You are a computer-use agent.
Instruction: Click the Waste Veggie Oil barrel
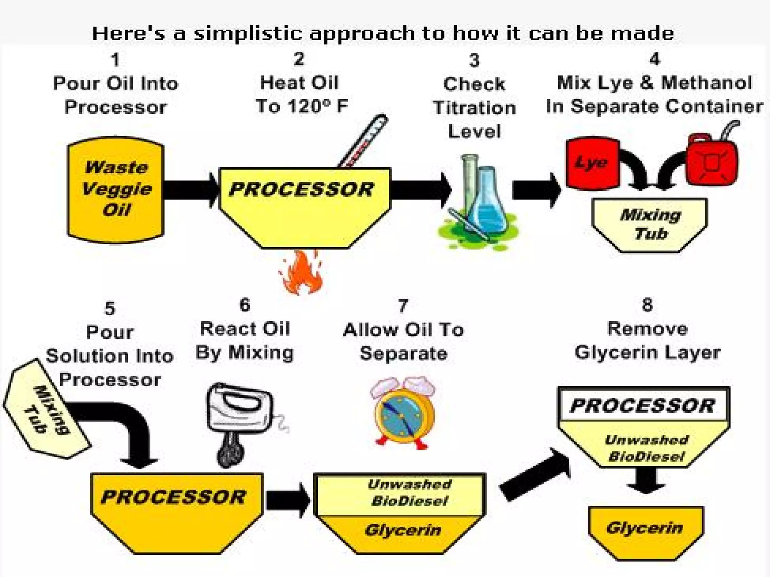115,190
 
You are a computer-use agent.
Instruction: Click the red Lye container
592,162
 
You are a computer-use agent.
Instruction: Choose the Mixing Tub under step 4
650,225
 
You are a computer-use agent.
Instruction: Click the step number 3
474,60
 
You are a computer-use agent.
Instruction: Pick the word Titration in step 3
474,108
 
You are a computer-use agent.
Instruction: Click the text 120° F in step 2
318,106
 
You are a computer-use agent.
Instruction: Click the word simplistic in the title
248,34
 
